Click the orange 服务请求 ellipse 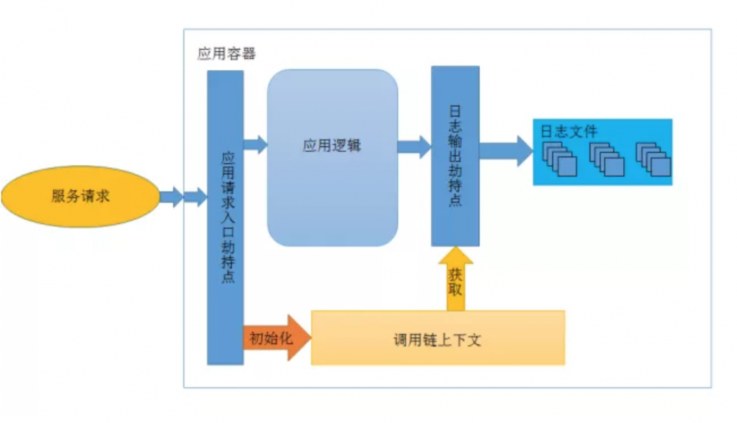pos(80,196)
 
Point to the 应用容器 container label pos(226,55)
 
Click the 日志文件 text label pos(568,131)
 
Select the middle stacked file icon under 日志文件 pos(607,160)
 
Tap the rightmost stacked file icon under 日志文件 pos(653,160)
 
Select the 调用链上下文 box pos(438,338)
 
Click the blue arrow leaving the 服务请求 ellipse pos(184,197)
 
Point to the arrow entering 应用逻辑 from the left pos(255,144)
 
